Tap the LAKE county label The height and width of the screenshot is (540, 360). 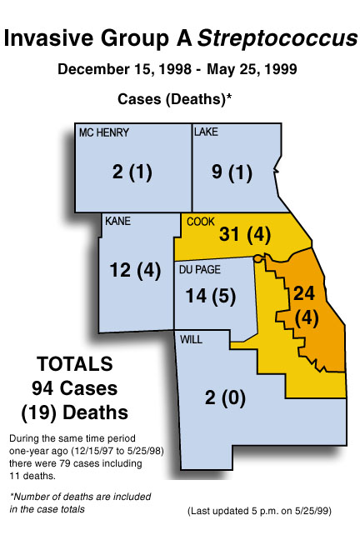206,132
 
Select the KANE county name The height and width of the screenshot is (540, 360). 118,221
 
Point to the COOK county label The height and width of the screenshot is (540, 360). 201,221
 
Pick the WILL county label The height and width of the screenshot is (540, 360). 192,338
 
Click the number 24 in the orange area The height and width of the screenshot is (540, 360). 306,292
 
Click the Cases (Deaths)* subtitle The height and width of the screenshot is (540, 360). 174,97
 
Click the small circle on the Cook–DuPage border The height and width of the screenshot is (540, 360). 258,259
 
